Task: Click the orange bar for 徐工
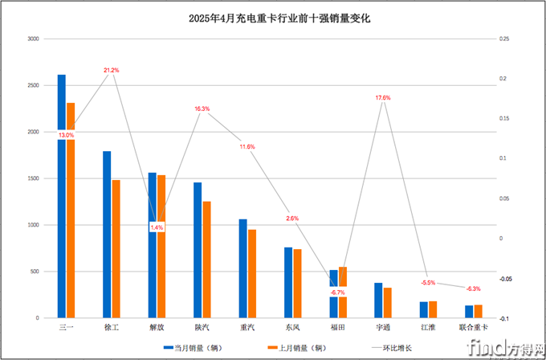(116, 249)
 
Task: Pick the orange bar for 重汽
(252, 274)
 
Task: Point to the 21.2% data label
(112, 71)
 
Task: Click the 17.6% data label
(383, 98)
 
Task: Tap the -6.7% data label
(338, 292)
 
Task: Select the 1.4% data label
(157, 227)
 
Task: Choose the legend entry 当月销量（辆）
(198, 348)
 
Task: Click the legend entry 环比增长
(391, 348)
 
